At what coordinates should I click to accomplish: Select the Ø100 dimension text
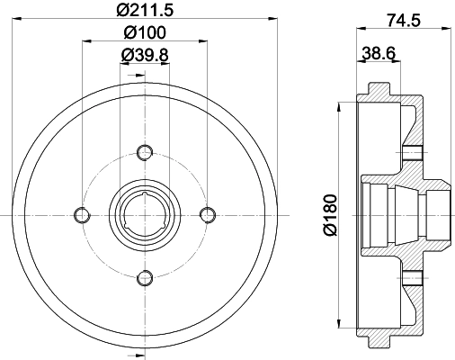(x=144, y=33)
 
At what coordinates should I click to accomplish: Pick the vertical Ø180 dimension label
(x=330, y=213)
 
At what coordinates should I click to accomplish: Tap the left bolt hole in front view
(x=81, y=213)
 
